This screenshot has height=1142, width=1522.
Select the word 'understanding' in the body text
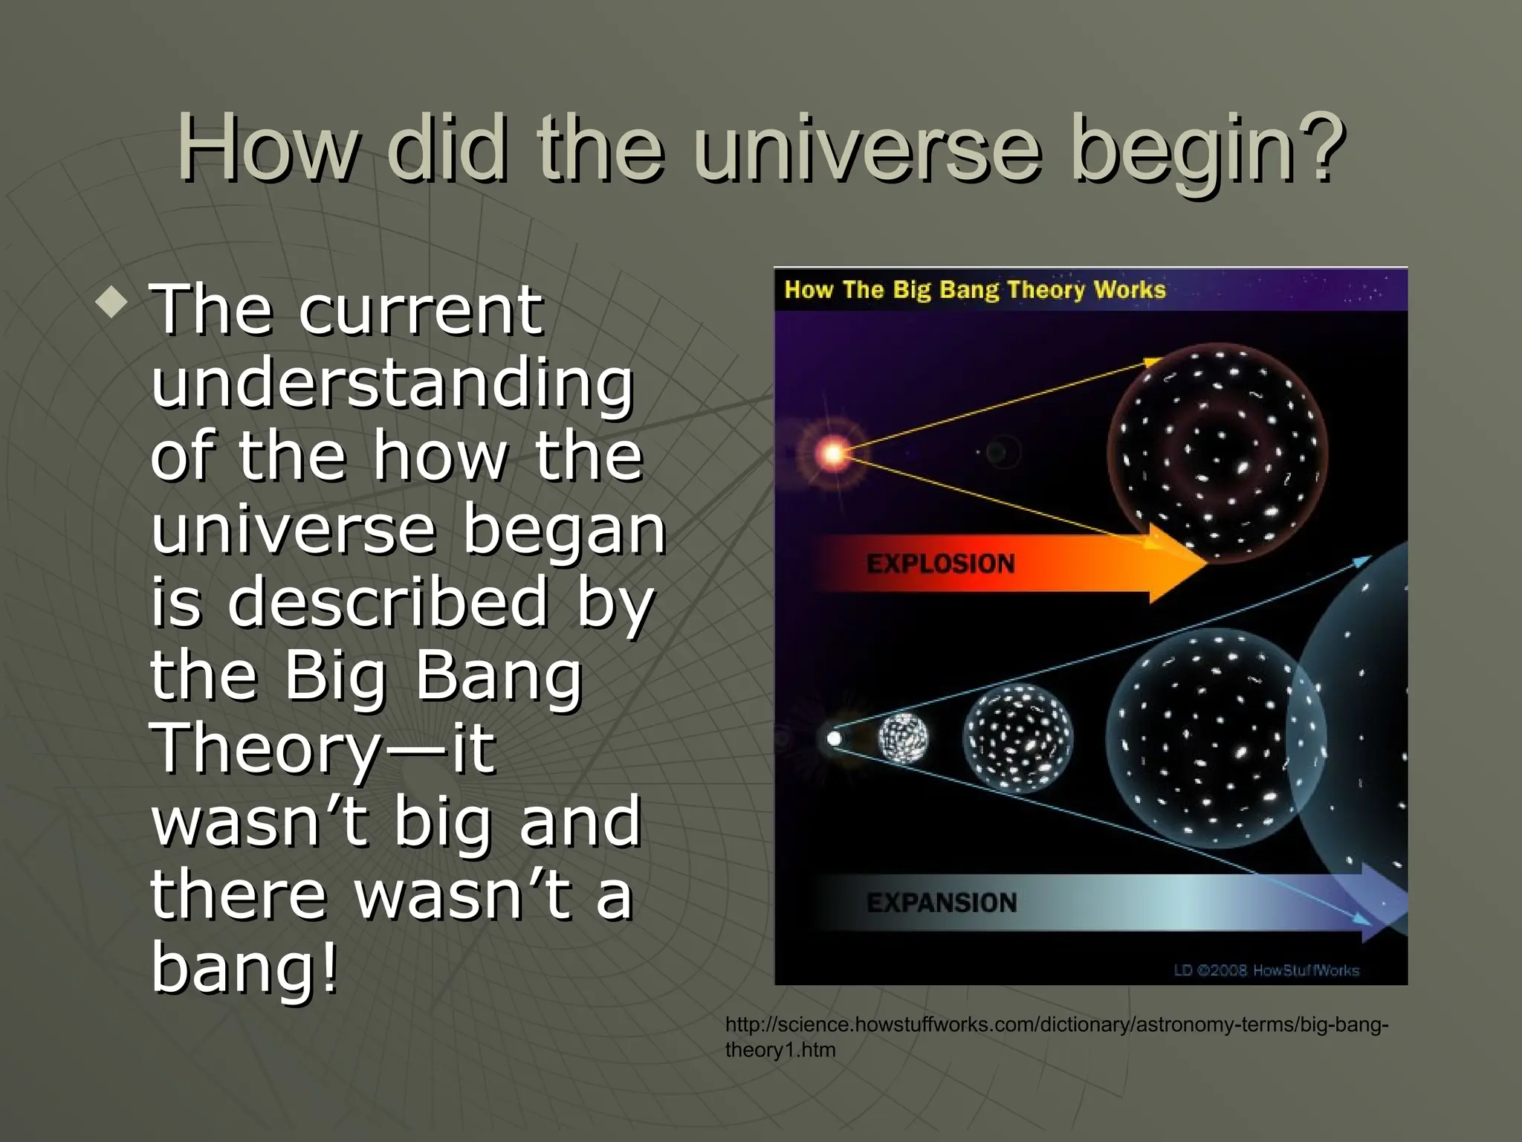392,385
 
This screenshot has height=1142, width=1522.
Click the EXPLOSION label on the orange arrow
940,564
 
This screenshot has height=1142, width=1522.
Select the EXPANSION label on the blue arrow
941,903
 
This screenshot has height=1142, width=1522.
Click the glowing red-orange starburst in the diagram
833,452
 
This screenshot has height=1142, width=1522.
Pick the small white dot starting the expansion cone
834,738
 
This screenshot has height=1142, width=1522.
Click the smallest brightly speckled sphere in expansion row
902,738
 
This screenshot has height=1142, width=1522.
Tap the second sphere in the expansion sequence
1017,738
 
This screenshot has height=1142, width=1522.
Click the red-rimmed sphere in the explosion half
1217,453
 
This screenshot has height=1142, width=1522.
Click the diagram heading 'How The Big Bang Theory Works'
974,289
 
